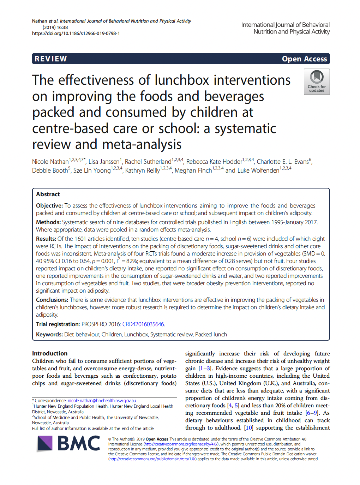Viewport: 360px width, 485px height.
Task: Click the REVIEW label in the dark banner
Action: [x=51, y=59]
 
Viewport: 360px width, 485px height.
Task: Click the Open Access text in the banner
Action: [x=304, y=59]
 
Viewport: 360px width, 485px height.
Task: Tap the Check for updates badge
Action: [x=317, y=82]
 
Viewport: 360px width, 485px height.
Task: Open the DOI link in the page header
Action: [x=76, y=34]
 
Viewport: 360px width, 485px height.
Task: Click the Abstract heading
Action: [x=48, y=194]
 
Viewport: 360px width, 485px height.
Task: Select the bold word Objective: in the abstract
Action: [x=49, y=205]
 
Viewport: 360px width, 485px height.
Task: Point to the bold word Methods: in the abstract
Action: [x=48, y=222]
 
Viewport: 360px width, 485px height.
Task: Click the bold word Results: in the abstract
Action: [x=46, y=239]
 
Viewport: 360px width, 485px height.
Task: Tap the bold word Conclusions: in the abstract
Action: [x=52, y=300]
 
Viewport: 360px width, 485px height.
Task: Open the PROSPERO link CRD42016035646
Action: [x=143, y=324]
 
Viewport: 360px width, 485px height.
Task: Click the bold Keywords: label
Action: [x=49, y=334]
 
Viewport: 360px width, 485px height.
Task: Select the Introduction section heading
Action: [x=50, y=353]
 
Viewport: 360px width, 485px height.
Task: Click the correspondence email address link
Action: [x=102, y=401]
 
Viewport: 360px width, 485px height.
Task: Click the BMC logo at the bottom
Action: [x=69, y=444]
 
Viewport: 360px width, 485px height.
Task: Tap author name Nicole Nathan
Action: [x=50, y=162]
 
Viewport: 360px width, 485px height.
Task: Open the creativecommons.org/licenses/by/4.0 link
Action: [x=181, y=444]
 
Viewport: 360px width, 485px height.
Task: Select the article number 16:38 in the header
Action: [x=62, y=28]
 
